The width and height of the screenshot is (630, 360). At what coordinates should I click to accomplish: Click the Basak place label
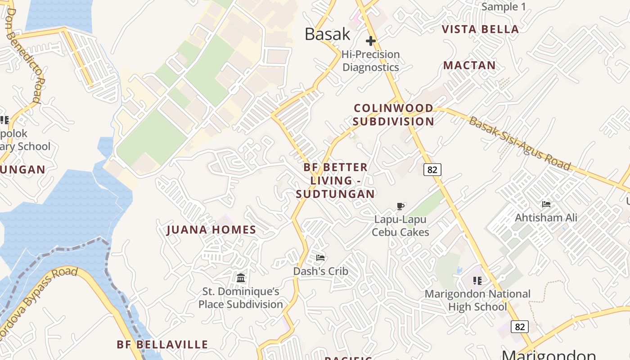(x=327, y=34)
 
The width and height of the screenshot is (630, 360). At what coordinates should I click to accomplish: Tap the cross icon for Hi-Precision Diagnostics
(x=371, y=41)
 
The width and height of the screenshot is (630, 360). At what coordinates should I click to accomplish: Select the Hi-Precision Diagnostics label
(x=370, y=61)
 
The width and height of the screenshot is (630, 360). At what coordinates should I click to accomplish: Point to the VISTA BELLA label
(x=480, y=29)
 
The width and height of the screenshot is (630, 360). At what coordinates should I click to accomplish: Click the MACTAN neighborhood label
(x=469, y=65)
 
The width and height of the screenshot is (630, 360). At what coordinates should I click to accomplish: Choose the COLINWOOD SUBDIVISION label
(x=393, y=115)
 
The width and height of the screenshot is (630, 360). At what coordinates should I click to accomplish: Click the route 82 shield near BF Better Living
(x=432, y=170)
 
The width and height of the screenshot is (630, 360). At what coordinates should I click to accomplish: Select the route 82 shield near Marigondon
(x=520, y=327)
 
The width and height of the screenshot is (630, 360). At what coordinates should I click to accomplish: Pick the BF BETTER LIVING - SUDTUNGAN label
(x=336, y=180)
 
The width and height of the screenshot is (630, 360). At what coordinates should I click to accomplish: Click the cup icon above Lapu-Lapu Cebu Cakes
(x=400, y=207)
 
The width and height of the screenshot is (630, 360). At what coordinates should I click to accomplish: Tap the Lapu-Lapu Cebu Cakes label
(x=400, y=226)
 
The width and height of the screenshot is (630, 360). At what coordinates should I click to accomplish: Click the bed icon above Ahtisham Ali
(x=546, y=204)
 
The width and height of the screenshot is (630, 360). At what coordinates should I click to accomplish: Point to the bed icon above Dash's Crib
(x=320, y=258)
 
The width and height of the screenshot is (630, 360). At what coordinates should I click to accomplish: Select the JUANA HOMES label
(x=211, y=230)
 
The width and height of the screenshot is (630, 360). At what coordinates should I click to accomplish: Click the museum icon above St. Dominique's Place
(x=241, y=278)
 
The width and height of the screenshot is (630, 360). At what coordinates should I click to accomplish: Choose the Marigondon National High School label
(x=477, y=300)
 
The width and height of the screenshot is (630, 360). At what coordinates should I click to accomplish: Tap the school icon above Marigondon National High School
(x=477, y=281)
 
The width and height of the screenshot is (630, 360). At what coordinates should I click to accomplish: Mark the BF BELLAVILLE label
(x=162, y=345)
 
